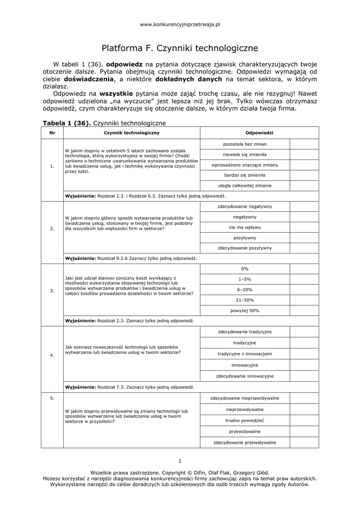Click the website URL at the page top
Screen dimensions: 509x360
click(180, 24)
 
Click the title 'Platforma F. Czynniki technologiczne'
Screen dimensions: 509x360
click(180, 49)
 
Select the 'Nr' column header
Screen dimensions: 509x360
click(52, 133)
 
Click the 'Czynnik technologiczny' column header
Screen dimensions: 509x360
click(131, 133)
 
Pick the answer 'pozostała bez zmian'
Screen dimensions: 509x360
click(245, 144)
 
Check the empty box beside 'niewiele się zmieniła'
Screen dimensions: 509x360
click(304, 155)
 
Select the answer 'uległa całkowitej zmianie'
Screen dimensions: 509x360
click(245, 185)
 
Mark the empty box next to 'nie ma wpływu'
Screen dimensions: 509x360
click(304, 227)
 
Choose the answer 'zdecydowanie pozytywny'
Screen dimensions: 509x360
click(245, 248)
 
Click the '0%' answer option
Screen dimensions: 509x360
click(245, 269)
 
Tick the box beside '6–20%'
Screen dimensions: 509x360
click(304, 289)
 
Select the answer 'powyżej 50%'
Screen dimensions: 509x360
click(245, 310)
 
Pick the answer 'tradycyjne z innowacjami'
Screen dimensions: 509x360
click(245, 354)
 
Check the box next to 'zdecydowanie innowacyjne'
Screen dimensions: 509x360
click(304, 376)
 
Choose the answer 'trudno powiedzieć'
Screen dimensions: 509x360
click(245, 420)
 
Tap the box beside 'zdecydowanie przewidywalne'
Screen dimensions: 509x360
click(304, 442)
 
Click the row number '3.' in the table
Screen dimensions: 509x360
click(52, 291)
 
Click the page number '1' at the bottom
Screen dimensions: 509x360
click(180, 460)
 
